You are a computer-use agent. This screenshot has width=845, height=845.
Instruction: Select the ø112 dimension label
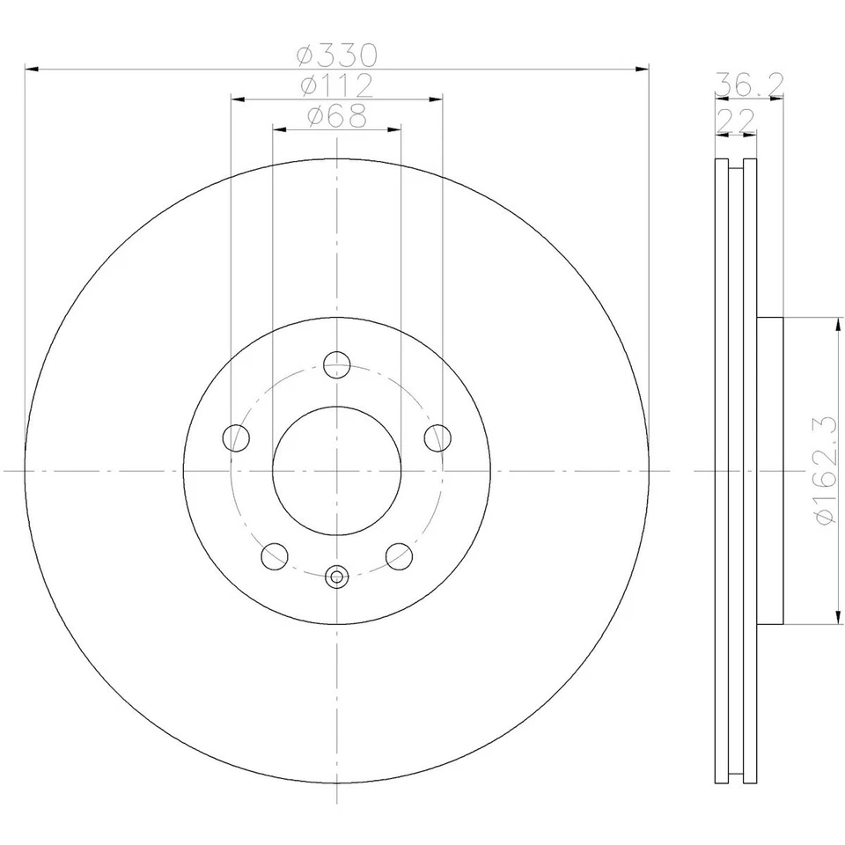pyautogui.click(x=337, y=86)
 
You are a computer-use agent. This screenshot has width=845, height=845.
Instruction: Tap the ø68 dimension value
pyautogui.click(x=337, y=116)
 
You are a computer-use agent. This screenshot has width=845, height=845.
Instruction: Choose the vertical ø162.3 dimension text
pyautogui.click(x=825, y=471)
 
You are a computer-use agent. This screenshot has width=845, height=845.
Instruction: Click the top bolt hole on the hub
pyautogui.click(x=337, y=364)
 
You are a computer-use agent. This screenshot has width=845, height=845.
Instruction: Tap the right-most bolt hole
pyautogui.click(x=437, y=437)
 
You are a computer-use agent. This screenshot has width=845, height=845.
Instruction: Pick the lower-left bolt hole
pyautogui.click(x=275, y=555)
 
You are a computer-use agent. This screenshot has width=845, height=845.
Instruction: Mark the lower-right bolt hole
pyautogui.click(x=399, y=555)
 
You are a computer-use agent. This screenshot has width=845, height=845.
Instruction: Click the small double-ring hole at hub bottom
pyautogui.click(x=337, y=577)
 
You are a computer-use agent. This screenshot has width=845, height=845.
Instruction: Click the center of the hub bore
pyautogui.click(x=337, y=471)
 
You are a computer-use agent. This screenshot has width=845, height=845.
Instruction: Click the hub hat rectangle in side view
pyautogui.click(x=769, y=471)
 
